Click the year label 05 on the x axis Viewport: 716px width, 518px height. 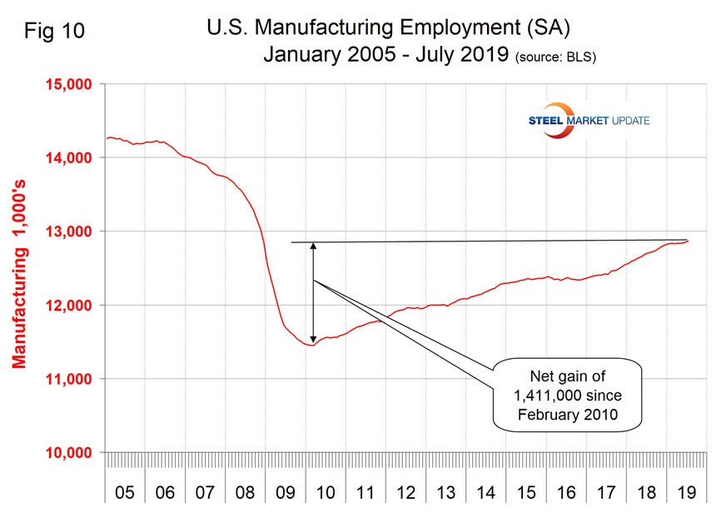click(125, 493)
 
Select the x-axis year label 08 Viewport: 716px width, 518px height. click(245, 493)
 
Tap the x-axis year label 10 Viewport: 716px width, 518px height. click(326, 493)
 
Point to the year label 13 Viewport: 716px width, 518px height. click(446, 493)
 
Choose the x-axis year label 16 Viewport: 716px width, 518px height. click(566, 493)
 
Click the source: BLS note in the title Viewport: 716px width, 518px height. click(556, 58)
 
